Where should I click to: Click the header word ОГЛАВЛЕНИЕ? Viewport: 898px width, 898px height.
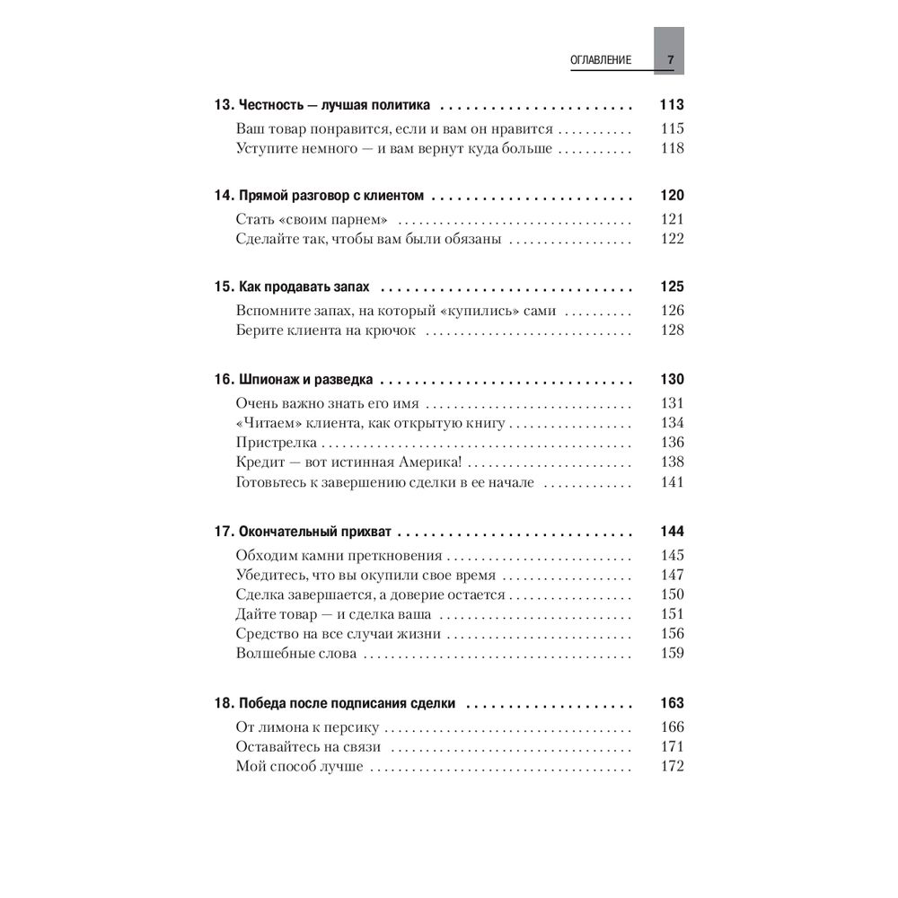[x=601, y=60]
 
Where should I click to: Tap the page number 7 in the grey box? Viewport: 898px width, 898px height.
[x=670, y=60]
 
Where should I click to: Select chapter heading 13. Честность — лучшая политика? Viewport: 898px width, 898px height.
[x=322, y=104]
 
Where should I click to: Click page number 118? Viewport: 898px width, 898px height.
[x=672, y=148]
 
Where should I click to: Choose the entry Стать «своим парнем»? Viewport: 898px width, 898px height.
[x=311, y=219]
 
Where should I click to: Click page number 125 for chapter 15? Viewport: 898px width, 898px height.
[x=672, y=287]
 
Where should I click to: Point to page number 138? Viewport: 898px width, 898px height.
[x=672, y=462]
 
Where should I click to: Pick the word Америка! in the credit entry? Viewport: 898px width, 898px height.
[x=430, y=462]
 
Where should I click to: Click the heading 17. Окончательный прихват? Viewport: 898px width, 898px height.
[x=307, y=531]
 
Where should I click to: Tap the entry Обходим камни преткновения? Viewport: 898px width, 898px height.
[x=339, y=555]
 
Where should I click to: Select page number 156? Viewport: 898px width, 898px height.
[x=672, y=634]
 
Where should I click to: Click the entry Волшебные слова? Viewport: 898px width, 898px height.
[x=295, y=654]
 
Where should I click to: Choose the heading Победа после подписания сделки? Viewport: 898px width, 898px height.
[x=348, y=703]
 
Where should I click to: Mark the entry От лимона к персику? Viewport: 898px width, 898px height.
[x=307, y=726]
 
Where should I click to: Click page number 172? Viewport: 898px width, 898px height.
[x=672, y=766]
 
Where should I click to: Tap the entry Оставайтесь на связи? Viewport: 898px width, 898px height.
[x=308, y=746]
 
